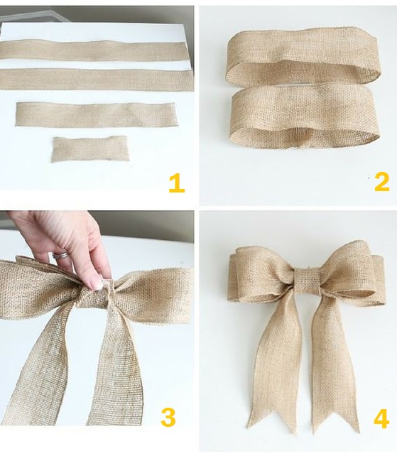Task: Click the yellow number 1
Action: pyautogui.click(x=177, y=184)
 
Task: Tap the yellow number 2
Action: pyautogui.click(x=381, y=182)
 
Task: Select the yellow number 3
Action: pyautogui.click(x=168, y=418)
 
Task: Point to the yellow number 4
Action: pyautogui.click(x=381, y=418)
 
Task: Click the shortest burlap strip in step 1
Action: pyautogui.click(x=90, y=149)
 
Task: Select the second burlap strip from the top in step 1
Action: pyautogui.click(x=97, y=80)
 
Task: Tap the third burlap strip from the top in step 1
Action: pyautogui.click(x=96, y=114)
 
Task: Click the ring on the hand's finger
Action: pyautogui.click(x=60, y=255)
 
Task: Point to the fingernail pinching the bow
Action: pyautogui.click(x=96, y=283)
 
